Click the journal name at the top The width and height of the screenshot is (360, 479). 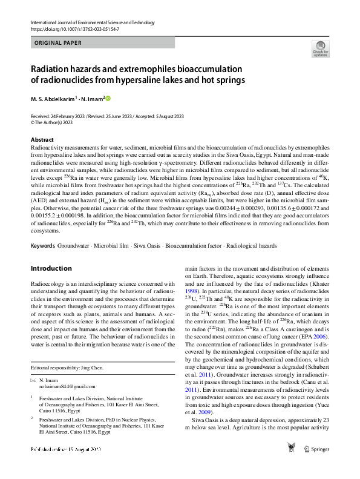(x=91, y=22)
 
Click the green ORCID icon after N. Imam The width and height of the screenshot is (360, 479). (x=109, y=98)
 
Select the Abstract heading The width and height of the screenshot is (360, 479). (x=42, y=140)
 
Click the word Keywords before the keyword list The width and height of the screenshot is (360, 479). (x=43, y=246)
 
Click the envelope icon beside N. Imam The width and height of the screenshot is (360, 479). (x=33, y=380)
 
